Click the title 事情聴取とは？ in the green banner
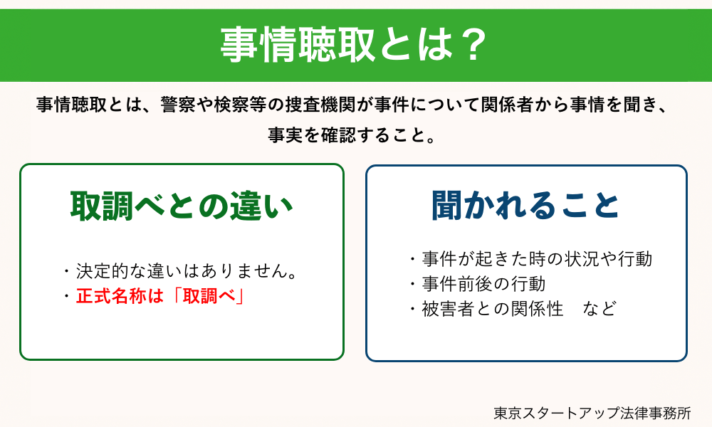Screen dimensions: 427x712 click(x=354, y=46)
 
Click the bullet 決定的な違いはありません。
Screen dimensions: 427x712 click(x=186, y=271)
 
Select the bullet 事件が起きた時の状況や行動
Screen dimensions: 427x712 click(x=537, y=259)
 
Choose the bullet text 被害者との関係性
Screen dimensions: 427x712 click(x=492, y=309)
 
